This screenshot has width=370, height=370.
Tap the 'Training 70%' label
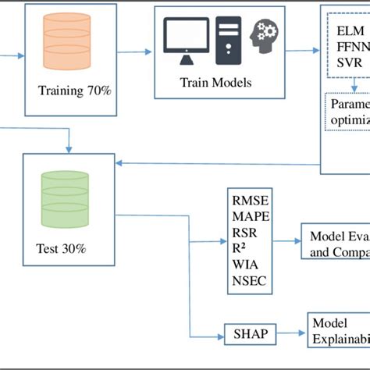pyautogui.click(x=75, y=91)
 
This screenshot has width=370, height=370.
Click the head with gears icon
pyautogui.click(x=265, y=38)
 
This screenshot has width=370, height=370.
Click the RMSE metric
pyautogui.click(x=251, y=200)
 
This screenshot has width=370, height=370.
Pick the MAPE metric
pyautogui.click(x=251, y=216)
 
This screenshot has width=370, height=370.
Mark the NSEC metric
pyautogui.click(x=249, y=280)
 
